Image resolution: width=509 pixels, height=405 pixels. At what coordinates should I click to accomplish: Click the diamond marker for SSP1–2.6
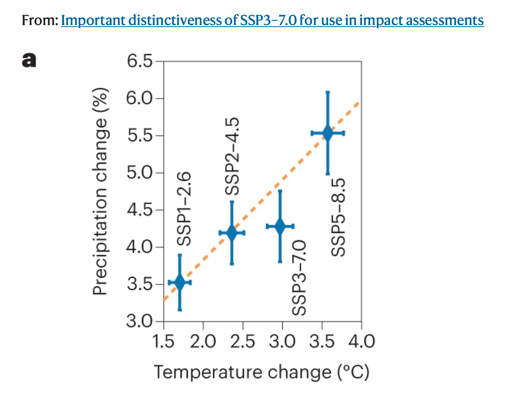point(180,282)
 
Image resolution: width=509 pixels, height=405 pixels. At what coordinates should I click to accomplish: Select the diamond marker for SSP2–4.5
point(232,233)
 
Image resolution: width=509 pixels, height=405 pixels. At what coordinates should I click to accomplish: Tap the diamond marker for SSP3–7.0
point(280,226)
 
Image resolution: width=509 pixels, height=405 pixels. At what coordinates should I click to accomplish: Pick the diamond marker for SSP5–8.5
point(327,133)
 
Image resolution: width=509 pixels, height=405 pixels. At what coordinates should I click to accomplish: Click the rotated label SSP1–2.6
point(184,209)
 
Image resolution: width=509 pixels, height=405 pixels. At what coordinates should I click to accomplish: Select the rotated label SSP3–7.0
point(299,277)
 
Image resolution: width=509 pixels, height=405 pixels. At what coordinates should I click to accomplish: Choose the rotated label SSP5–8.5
point(338,217)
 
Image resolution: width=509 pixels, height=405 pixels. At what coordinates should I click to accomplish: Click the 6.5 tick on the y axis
point(139,61)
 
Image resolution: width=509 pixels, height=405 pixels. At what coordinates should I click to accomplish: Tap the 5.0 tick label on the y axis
point(139,172)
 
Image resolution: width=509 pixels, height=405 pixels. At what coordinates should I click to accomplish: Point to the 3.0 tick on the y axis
point(139,321)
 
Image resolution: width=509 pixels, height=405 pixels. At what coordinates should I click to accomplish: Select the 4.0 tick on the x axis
point(361,342)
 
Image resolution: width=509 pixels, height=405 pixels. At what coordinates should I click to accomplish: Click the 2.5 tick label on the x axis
point(243,342)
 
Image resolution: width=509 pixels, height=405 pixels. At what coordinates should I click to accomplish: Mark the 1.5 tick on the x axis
point(163,342)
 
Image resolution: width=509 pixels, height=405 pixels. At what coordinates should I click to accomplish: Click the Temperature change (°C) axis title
point(261,373)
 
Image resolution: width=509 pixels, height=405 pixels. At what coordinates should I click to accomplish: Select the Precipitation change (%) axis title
point(100,192)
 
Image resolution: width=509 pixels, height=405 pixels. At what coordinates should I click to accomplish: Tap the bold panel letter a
point(29,60)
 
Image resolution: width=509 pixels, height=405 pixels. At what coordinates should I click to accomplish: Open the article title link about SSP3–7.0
point(272,20)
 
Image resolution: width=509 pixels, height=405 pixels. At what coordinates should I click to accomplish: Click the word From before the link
point(40,20)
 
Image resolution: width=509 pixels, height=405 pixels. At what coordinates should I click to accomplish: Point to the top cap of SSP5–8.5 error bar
point(327,92)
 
